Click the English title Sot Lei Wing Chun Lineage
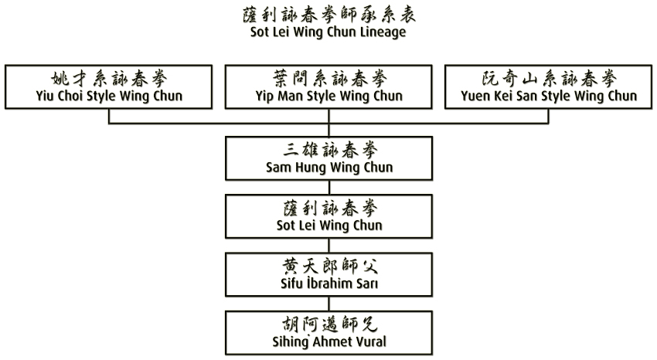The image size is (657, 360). coord(328,32)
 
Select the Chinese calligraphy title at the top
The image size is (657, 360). coord(328,15)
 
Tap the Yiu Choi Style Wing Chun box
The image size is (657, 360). coord(109,87)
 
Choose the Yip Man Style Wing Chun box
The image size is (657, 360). coord(328,87)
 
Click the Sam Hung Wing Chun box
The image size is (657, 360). coord(328,158)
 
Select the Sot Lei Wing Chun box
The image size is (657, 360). coord(328,216)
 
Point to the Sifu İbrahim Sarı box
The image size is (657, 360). coord(328,273)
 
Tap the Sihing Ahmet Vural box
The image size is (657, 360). coord(328,331)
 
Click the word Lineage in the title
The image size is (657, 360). coord(380,32)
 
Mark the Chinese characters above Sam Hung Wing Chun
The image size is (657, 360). coord(328,149)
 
